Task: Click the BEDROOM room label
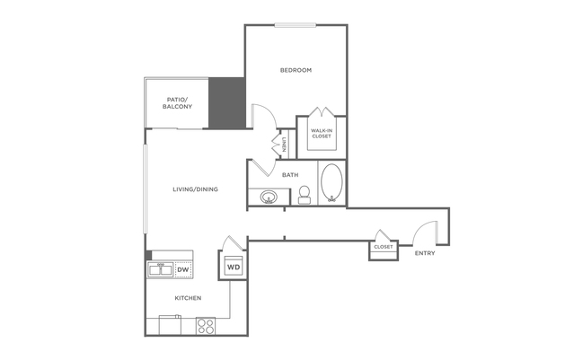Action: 296,70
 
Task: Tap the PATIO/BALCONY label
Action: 177,103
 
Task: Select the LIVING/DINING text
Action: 195,189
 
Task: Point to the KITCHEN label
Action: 188,298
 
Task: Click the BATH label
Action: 290,175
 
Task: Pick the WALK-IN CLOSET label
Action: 322,133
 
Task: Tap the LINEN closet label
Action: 284,145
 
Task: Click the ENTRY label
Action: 425,253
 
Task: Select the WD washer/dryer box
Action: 234,267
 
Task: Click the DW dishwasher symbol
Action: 183,270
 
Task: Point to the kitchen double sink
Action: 160,270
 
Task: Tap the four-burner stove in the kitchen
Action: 206,326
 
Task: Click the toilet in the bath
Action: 305,194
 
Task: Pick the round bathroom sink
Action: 269,198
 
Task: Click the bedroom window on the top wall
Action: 296,25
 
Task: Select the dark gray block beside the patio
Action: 227,103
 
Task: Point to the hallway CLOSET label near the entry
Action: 384,247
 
